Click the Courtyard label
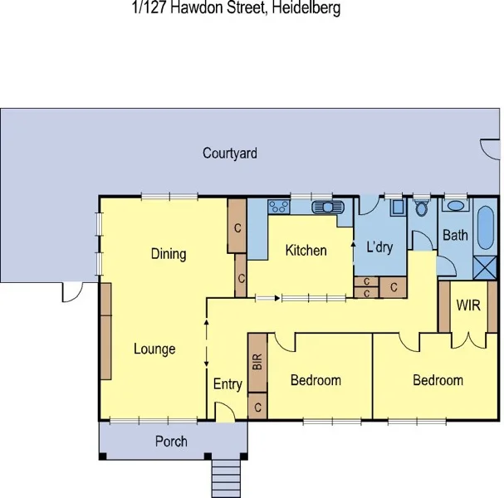click(230, 154)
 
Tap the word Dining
click(169, 254)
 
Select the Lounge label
click(154, 349)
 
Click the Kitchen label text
click(306, 250)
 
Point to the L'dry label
click(379, 247)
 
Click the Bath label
click(455, 236)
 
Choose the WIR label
click(468, 305)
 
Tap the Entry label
click(228, 384)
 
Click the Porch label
click(171, 441)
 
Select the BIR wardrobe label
click(257, 362)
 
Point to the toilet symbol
click(422, 208)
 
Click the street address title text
click(236, 8)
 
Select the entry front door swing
click(222, 411)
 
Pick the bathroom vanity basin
click(454, 207)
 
